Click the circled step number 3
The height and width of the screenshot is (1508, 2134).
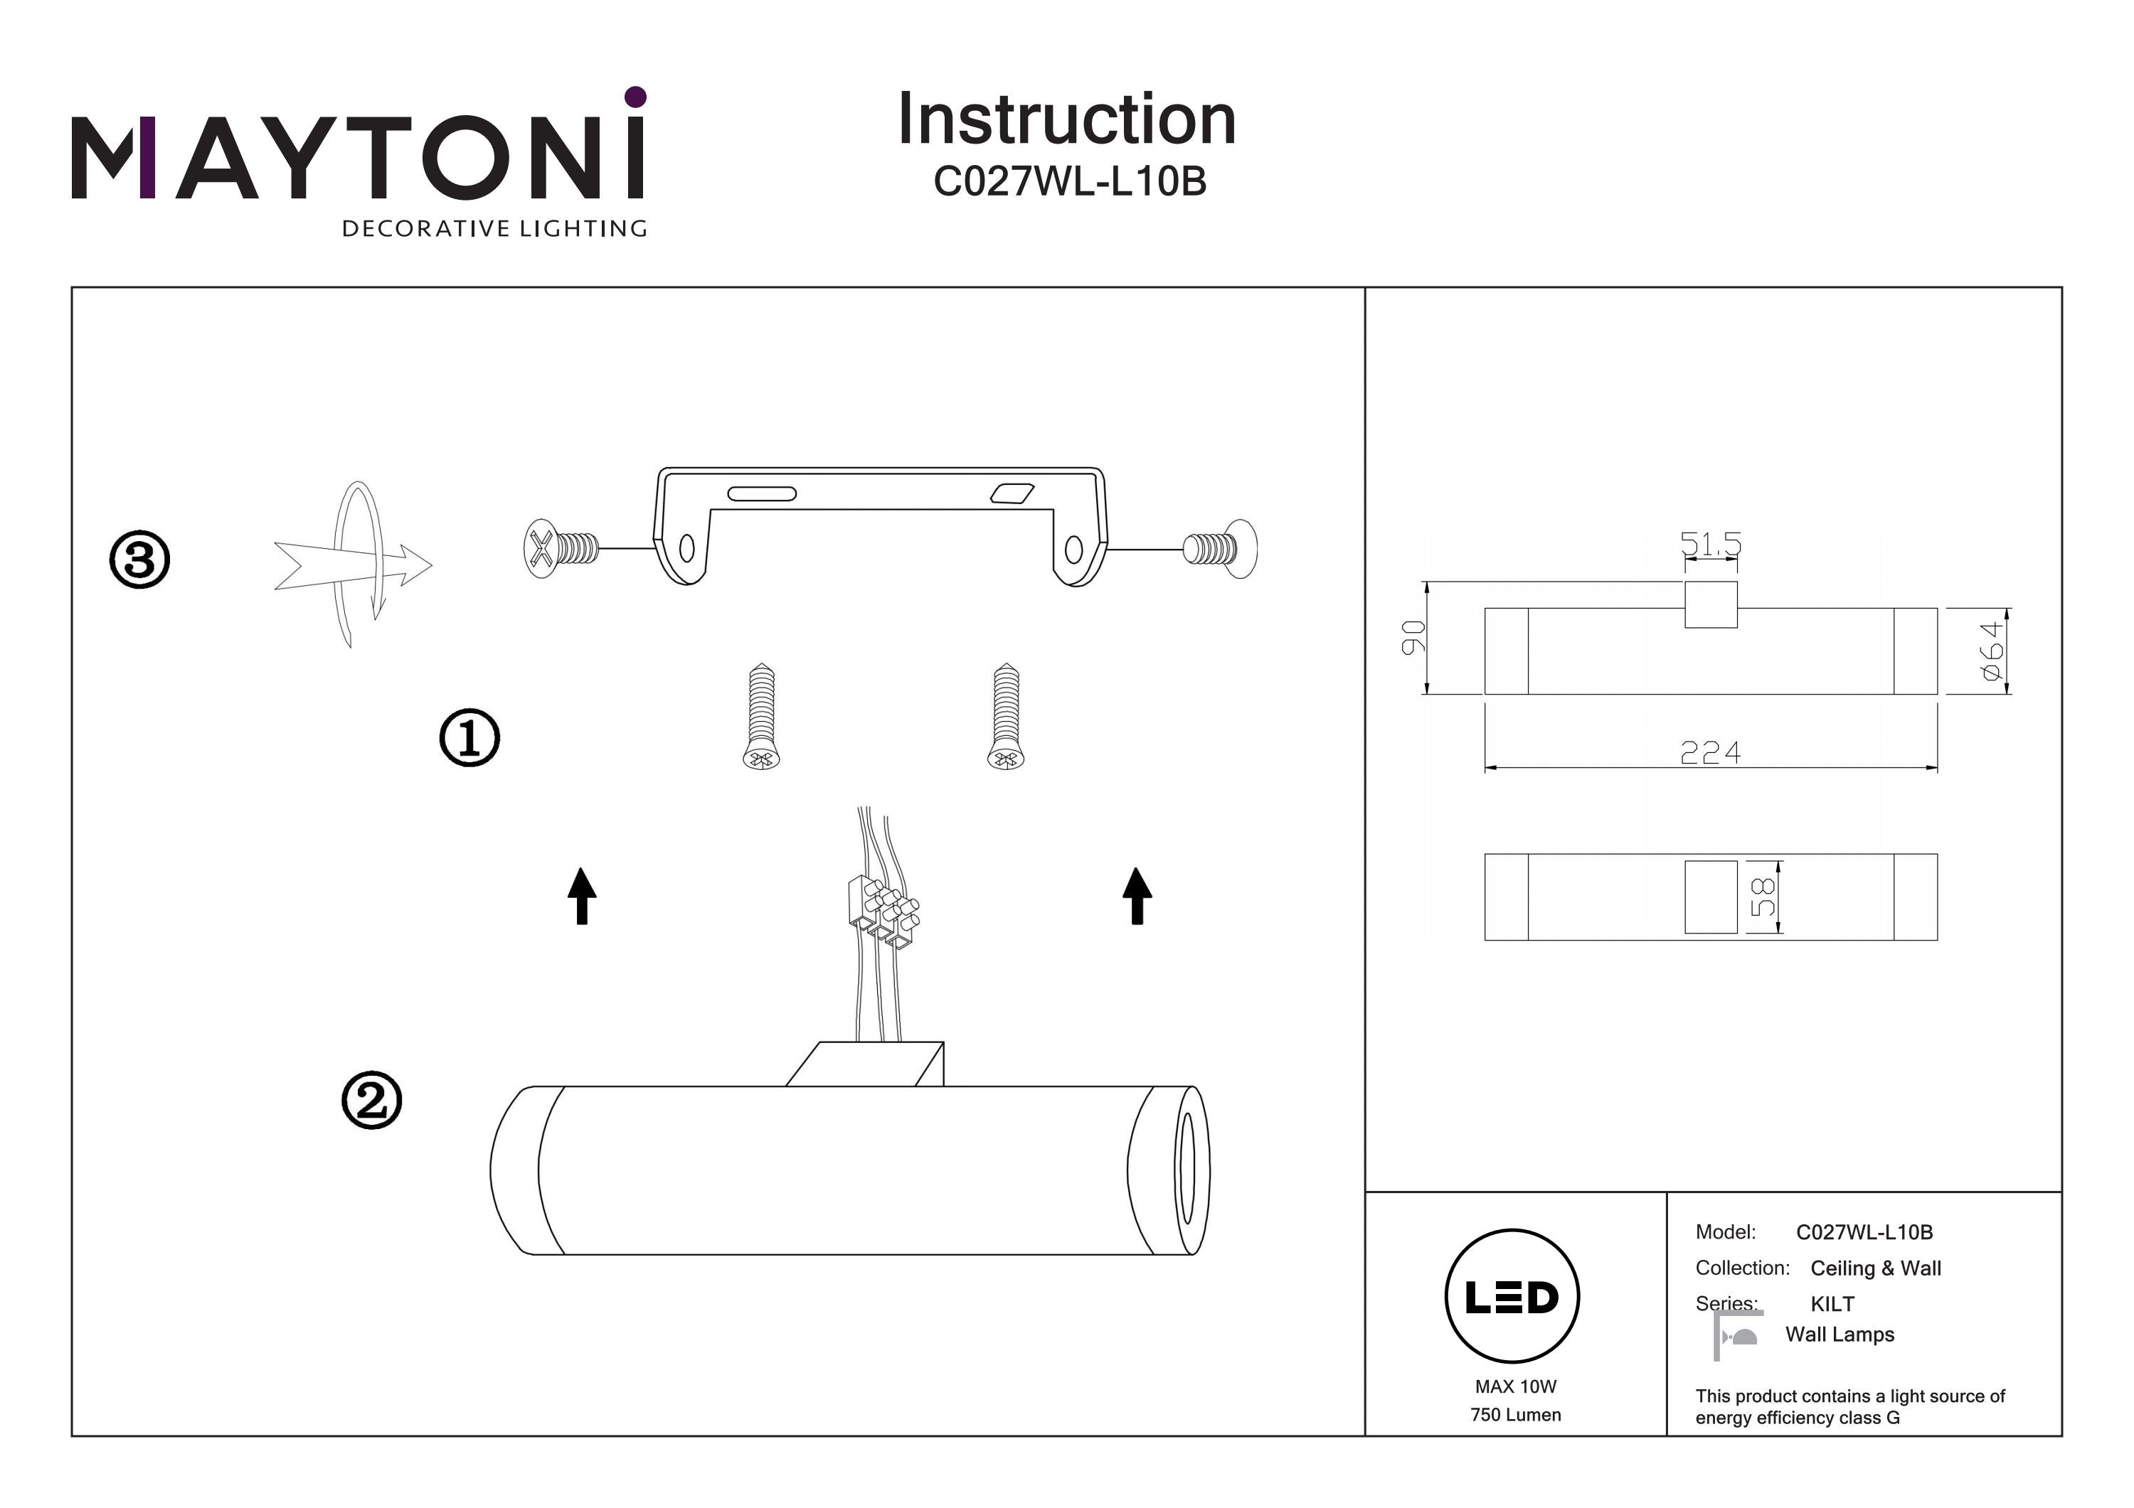click(x=139, y=560)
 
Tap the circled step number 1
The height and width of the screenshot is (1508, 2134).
click(x=469, y=739)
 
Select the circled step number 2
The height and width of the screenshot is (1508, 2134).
click(x=372, y=1101)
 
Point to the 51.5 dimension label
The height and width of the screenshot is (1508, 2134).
click(x=1710, y=544)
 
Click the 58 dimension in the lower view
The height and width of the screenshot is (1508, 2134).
click(x=1762, y=897)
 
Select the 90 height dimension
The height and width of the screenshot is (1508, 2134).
click(x=1413, y=637)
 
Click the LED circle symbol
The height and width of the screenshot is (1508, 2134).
click(x=1512, y=1297)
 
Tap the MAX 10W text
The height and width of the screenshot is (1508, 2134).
click(x=1515, y=1386)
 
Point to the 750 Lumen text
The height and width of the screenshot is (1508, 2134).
click(x=1515, y=1415)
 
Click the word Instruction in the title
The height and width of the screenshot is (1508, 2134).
click(x=1067, y=120)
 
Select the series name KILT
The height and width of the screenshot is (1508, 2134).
click(x=1832, y=1303)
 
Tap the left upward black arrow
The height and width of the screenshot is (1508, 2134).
click(x=582, y=896)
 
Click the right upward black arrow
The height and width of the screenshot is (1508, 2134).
click(x=1137, y=896)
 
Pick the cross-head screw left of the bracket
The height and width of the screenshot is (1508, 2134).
click(x=561, y=548)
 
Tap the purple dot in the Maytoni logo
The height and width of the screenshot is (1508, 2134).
click(x=636, y=97)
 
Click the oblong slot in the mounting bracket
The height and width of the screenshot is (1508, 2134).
click(x=761, y=493)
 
